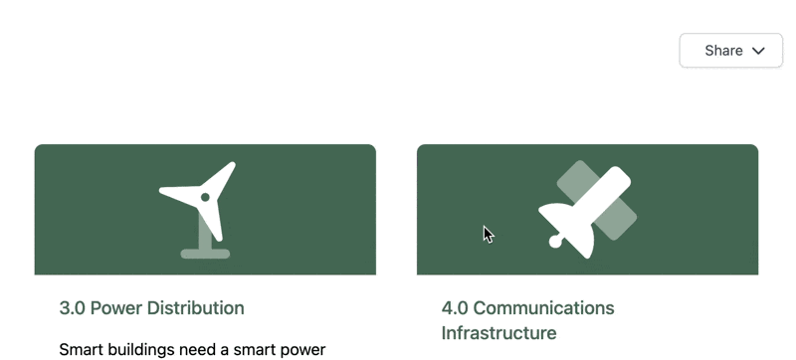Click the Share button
pos(730,50)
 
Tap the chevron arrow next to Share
pos(758,51)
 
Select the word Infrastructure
pos(498,332)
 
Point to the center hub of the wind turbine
pos(205,197)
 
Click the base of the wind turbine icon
pos(205,254)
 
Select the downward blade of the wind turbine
pos(214,221)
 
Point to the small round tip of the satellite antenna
pos(555,242)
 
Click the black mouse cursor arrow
pos(489,235)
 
